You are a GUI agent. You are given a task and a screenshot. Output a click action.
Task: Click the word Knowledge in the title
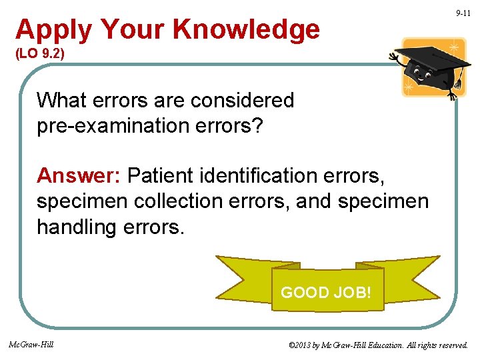pos(246,30)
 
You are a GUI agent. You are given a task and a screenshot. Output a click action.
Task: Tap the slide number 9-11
pos(463,13)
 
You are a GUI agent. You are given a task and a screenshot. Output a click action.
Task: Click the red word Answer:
pos(78,175)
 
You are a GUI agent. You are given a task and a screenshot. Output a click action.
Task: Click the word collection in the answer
pos(173,201)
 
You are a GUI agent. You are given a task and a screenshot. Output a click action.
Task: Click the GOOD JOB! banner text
pos(326,292)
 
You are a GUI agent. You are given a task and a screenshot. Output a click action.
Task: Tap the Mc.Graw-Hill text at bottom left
pos(31,345)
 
